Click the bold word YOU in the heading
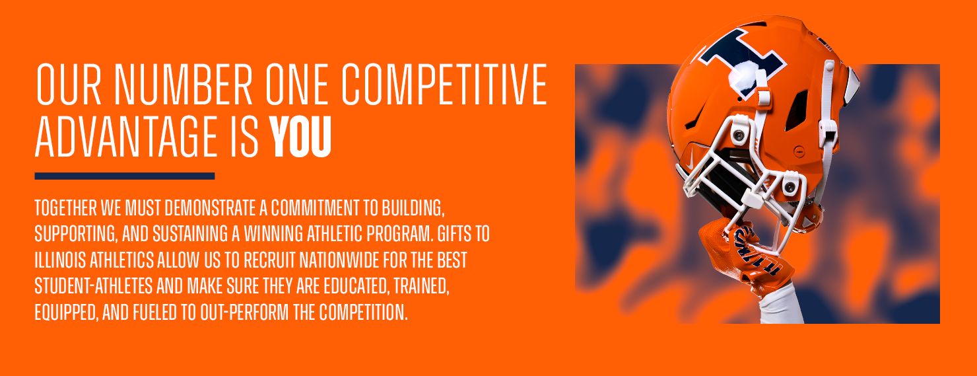click(300, 137)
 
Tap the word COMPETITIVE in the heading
click(444, 85)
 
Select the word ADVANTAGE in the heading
click(127, 137)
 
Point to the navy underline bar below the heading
click(125, 176)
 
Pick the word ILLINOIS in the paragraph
click(60, 260)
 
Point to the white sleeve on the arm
click(781, 306)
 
